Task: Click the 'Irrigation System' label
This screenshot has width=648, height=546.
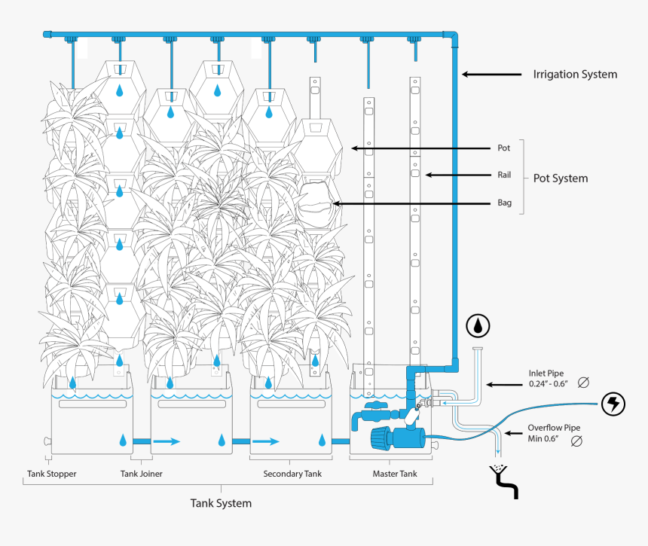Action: (575, 75)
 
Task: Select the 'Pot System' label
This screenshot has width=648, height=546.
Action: (561, 178)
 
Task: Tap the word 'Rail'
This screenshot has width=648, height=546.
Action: (504, 175)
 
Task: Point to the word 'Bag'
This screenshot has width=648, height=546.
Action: (504, 203)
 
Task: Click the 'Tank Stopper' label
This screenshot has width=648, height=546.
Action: (51, 474)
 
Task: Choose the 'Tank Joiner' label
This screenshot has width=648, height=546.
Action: (141, 474)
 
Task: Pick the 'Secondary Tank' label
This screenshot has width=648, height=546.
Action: (292, 474)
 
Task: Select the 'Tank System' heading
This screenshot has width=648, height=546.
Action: (220, 502)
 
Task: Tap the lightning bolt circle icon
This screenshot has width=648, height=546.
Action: (613, 404)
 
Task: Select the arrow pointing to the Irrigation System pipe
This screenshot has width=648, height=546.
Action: (491, 75)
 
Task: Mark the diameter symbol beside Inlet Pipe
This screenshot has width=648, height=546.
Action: (582, 383)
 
